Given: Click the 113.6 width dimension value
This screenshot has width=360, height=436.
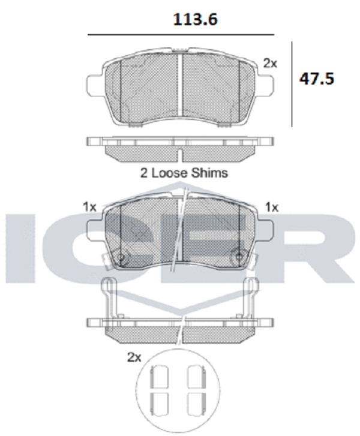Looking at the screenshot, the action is [x=195, y=19].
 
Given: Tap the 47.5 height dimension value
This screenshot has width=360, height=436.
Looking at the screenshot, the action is [x=316, y=79].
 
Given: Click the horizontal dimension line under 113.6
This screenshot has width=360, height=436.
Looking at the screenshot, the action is [x=181, y=35].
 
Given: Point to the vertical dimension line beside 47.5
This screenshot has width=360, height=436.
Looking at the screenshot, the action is [x=292, y=84].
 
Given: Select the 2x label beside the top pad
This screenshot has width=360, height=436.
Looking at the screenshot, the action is [x=270, y=64].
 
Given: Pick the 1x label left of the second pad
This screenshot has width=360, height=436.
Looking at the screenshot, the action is [x=89, y=207].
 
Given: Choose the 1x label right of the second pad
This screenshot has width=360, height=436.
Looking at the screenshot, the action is [x=272, y=207].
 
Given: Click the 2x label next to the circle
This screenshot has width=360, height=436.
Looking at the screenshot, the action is [x=134, y=357].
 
